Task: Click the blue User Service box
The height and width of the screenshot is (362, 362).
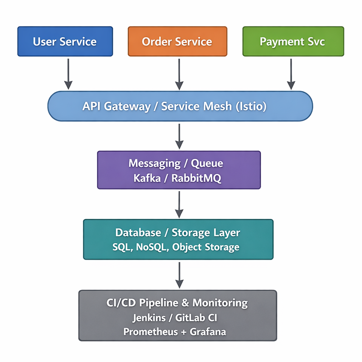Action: point(65,42)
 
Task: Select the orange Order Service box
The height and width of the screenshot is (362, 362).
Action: point(177,42)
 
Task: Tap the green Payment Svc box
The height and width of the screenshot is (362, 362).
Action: point(293,42)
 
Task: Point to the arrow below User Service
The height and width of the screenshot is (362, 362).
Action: point(68,73)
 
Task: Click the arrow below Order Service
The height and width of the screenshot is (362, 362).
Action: point(179,73)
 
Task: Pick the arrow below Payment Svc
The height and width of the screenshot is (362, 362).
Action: point(291,73)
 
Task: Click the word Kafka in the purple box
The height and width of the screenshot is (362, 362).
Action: point(148,178)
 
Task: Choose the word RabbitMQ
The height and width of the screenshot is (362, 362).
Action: point(196,178)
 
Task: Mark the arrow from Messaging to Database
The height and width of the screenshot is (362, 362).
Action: point(179,204)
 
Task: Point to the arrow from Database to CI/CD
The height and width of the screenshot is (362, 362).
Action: point(179,275)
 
